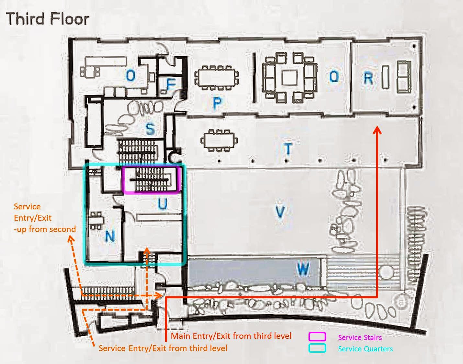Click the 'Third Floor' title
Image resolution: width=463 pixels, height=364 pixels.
pyautogui.click(x=48, y=19)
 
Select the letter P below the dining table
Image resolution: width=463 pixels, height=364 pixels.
pyautogui.click(x=217, y=103)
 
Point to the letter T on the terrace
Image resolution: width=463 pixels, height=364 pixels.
pyautogui.click(x=288, y=149)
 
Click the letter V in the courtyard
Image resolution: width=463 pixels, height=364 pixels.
pyautogui.click(x=280, y=212)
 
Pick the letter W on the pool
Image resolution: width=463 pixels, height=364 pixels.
pyautogui.click(x=303, y=269)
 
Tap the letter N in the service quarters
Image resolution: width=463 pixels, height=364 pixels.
pyautogui.click(x=110, y=236)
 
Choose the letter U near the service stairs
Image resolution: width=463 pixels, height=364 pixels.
pyautogui.click(x=163, y=204)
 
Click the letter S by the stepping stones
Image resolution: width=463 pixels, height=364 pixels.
pyautogui.click(x=150, y=128)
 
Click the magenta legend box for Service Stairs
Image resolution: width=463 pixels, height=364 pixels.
pyautogui.click(x=317, y=337)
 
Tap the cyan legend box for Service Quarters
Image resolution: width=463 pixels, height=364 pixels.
pyautogui.click(x=317, y=348)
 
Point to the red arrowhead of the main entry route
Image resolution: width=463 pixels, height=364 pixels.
pyautogui.click(x=377, y=130)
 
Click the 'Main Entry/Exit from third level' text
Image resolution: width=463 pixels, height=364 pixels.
pyautogui.click(x=231, y=336)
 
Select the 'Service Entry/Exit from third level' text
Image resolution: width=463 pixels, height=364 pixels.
pyautogui.click(x=163, y=348)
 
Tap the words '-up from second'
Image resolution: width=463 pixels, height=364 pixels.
pyautogui.click(x=45, y=229)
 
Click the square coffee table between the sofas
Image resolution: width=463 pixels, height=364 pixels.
pyautogui.click(x=289, y=78)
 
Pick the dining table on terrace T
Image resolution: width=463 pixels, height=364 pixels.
pyautogui.click(x=219, y=140)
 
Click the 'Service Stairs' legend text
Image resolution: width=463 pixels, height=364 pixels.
pyautogui.click(x=360, y=337)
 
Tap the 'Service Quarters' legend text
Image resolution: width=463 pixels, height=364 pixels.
pyautogui.click(x=365, y=349)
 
